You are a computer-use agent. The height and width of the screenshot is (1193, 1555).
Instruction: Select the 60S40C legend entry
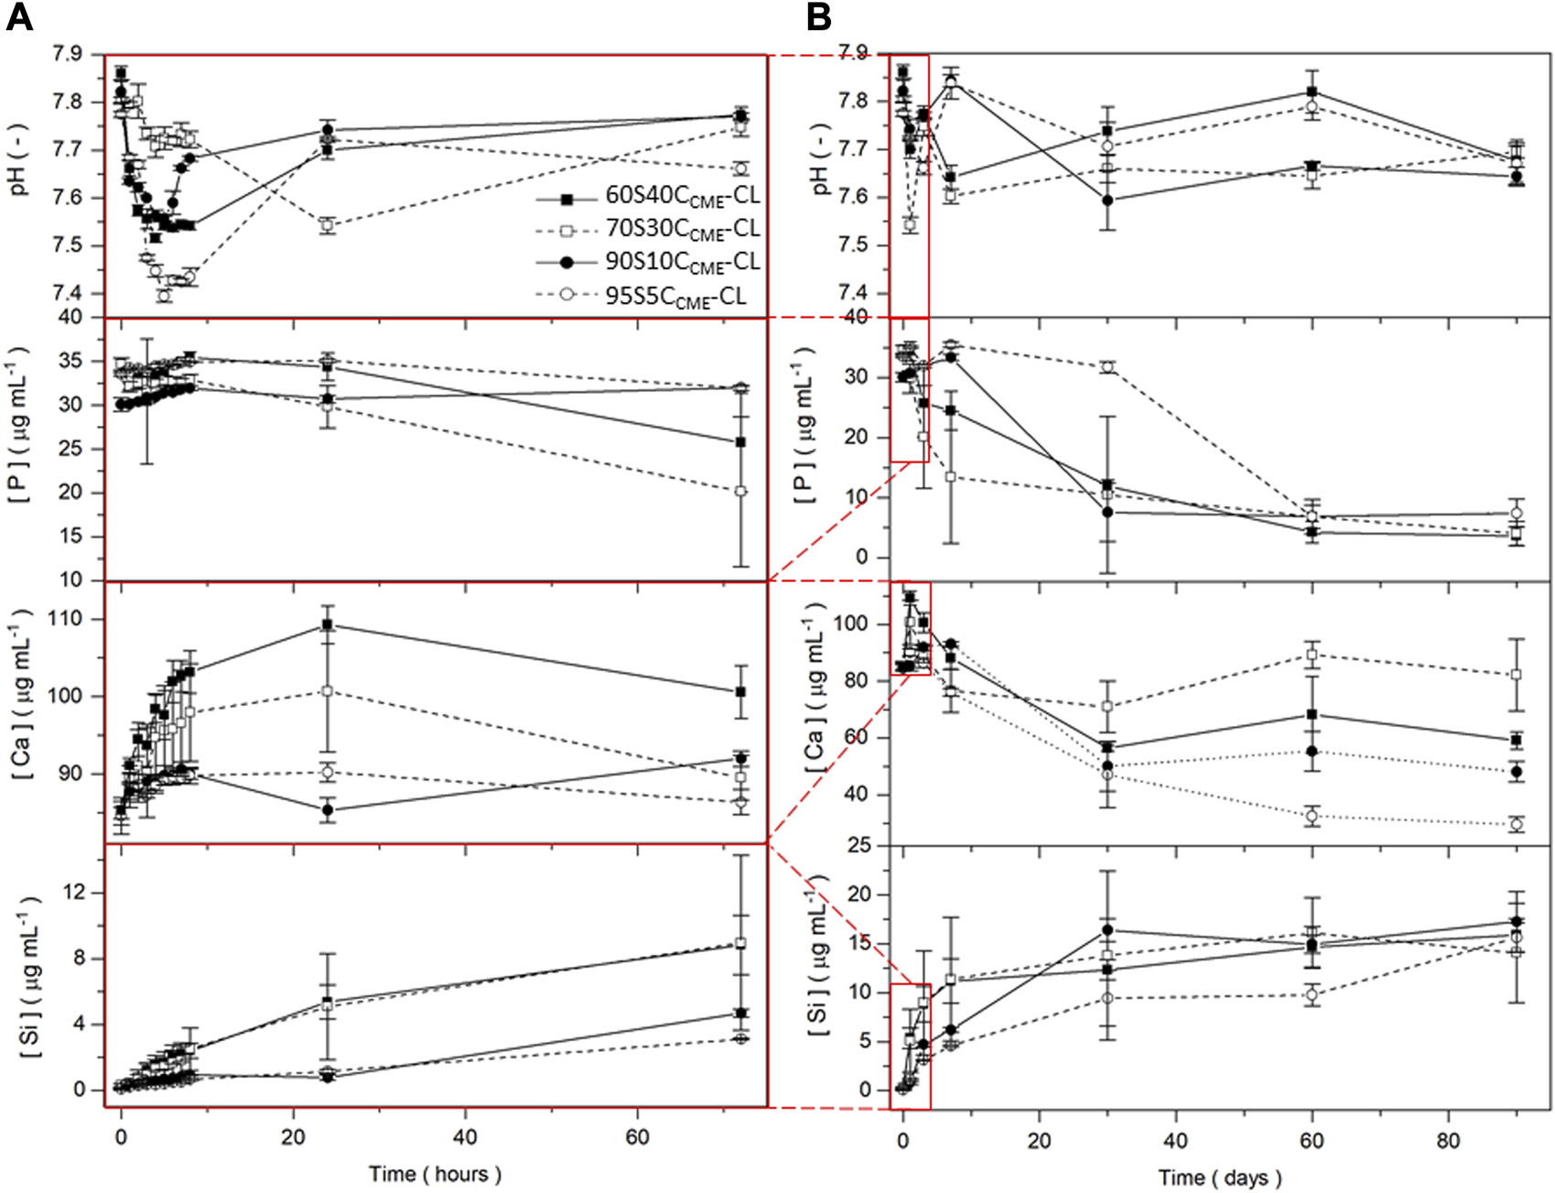pos(682,197)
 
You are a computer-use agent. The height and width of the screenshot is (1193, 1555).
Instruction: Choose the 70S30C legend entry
pos(682,229)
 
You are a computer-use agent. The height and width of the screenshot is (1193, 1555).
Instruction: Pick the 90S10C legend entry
pos(682,262)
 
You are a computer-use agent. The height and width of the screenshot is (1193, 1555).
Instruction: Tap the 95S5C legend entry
pos(675,296)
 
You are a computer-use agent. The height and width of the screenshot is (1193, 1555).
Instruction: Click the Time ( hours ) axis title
pos(435,1174)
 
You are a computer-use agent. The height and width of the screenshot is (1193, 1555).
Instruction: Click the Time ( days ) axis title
pos(1219,1177)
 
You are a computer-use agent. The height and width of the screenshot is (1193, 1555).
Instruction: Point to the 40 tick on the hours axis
pos(465,1137)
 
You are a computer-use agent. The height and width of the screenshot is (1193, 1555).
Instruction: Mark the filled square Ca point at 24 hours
pos(327,625)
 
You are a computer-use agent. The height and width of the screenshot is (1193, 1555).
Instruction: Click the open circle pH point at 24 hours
pos(327,225)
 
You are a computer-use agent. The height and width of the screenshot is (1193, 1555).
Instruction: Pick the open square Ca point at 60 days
pos(1312,655)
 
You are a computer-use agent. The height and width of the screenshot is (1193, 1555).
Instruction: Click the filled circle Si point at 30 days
pos(1107,930)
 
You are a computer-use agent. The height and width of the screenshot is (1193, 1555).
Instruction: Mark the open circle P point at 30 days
pos(1107,367)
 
